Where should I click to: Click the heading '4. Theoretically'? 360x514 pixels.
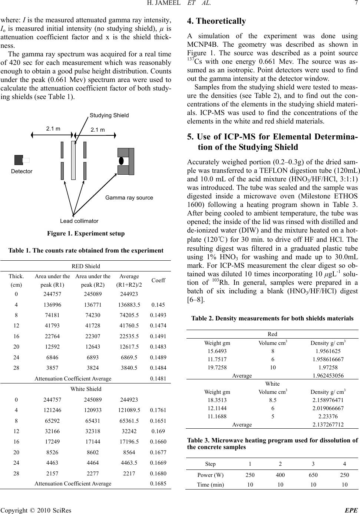point(217,21)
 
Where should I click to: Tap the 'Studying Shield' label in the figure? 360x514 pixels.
point(109,115)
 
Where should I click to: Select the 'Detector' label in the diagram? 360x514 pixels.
point(22,171)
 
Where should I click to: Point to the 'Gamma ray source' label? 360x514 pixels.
point(129,198)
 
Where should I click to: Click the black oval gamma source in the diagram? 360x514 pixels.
point(121,161)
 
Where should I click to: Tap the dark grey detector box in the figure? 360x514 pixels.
point(19,160)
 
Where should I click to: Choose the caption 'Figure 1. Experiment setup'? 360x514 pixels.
point(86,234)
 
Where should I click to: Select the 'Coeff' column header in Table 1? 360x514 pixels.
point(158,280)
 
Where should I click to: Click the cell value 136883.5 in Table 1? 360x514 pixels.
point(129,305)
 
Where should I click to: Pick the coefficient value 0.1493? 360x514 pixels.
point(158,315)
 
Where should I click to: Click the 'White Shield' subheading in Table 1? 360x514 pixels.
point(86,389)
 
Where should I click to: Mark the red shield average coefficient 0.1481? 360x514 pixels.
point(158,379)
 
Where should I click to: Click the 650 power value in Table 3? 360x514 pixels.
point(313,476)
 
